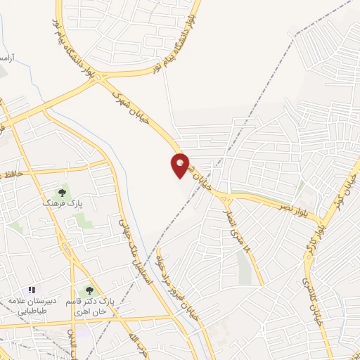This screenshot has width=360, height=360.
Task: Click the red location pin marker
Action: [180, 165]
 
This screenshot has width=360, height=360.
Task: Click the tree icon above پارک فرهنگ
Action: [63, 192]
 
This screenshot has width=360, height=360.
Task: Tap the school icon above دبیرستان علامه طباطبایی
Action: [31, 290]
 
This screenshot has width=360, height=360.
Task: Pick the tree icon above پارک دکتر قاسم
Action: [89, 290]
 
